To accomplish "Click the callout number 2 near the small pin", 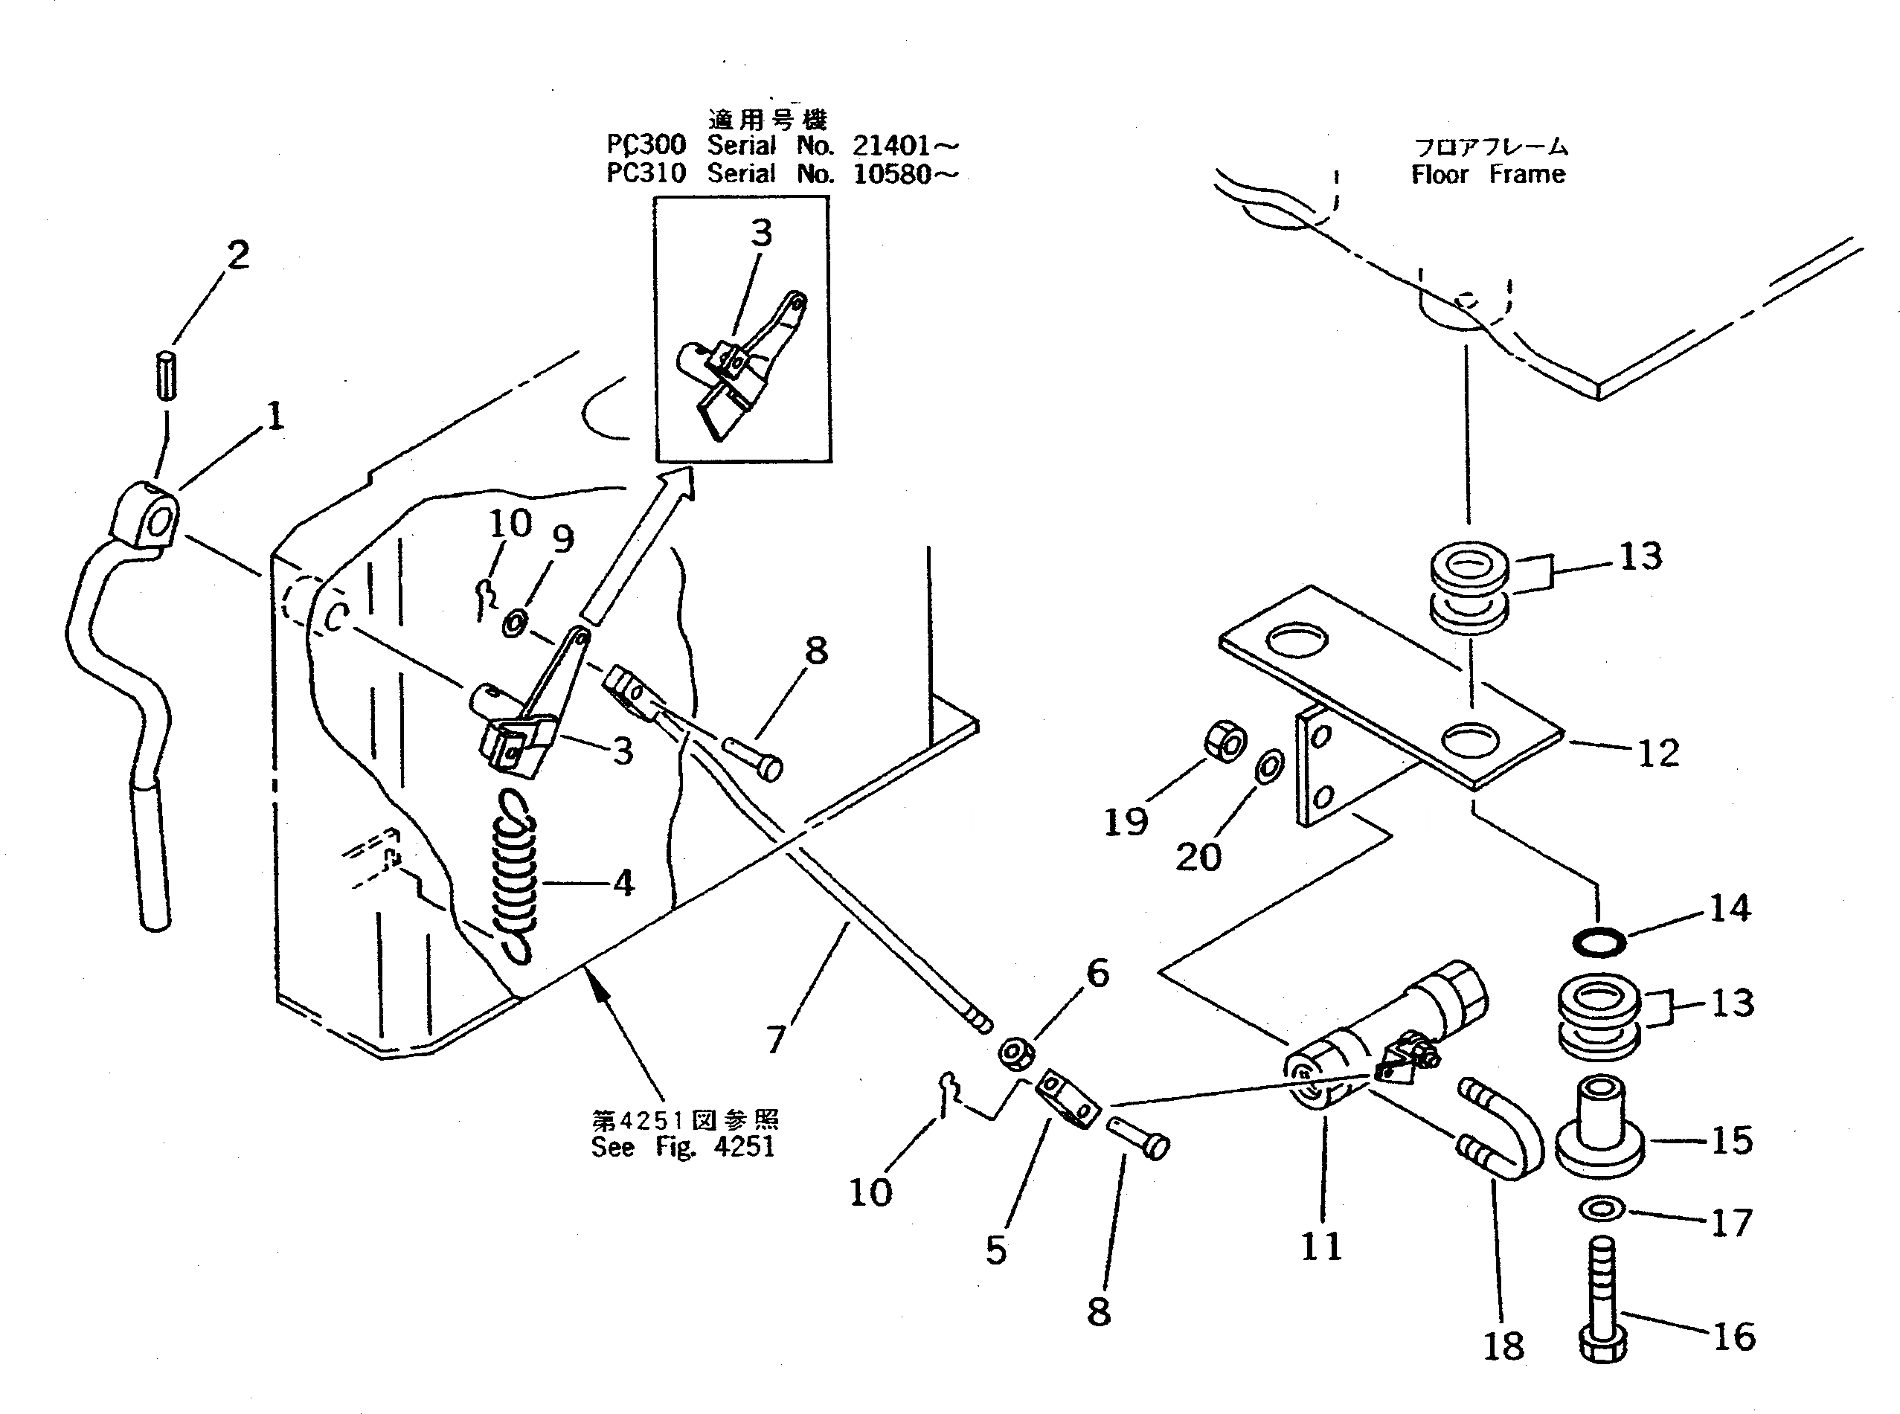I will click(x=238, y=255).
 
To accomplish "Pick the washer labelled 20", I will click(x=1269, y=767).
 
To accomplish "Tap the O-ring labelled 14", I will click(x=1599, y=943).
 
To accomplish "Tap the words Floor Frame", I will click(x=1489, y=175).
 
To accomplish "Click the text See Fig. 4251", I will click(x=683, y=1147).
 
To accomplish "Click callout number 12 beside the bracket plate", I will click(x=1657, y=753).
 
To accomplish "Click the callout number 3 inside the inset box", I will click(x=761, y=233).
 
